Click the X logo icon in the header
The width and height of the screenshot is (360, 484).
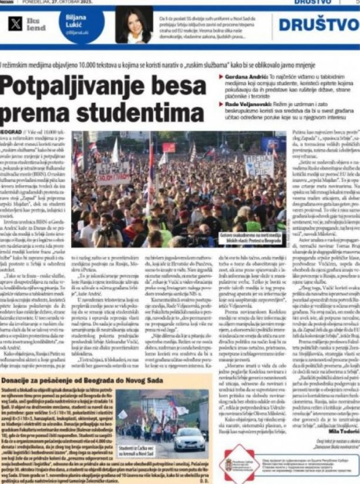coord(15,24)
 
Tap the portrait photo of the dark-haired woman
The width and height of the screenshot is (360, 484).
coord(137,25)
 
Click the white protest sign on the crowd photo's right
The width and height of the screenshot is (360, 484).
coord(259,166)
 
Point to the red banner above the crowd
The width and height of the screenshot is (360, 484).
coord(169,148)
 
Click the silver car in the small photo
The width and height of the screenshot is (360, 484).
coord(189,439)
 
